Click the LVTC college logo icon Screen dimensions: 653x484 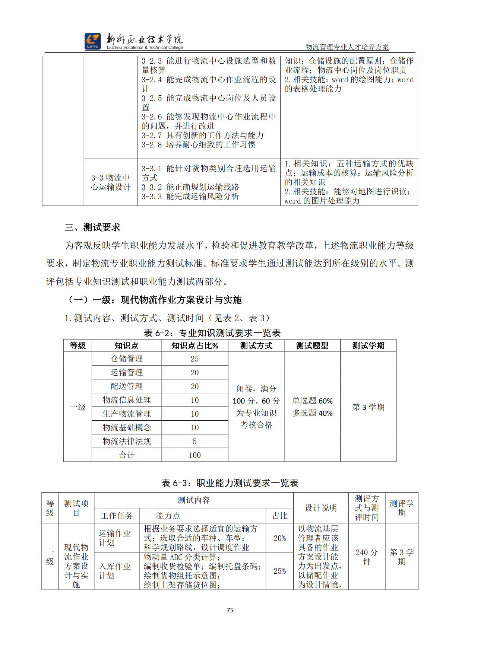pos(92,41)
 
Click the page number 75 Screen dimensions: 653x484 pos(230,610)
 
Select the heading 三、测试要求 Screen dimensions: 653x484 pos(92,227)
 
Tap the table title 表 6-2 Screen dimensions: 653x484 pos(212,333)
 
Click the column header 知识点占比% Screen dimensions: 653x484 pos(194,345)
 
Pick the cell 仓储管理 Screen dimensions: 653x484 pos(127,359)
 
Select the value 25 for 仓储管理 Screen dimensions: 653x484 pos(194,359)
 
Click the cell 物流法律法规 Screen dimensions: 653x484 pos(127,441)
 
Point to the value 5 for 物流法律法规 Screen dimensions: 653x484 pos(194,441)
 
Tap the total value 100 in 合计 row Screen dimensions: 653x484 pos(194,455)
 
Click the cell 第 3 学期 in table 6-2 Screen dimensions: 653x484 pos(368,407)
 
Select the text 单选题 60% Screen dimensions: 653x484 pos(312,401)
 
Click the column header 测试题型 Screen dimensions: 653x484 pos(312,345)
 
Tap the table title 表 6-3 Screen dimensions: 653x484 pos(230,483)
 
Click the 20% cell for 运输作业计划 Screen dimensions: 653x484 pos(279,538)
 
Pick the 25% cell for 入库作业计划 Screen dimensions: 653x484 pos(279,571)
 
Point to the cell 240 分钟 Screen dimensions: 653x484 pos(367,557)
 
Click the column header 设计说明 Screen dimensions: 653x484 pos(321,508)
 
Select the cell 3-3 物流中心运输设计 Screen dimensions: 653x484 pos(111,182)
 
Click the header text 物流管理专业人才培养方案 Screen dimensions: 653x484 pos(347,47)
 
